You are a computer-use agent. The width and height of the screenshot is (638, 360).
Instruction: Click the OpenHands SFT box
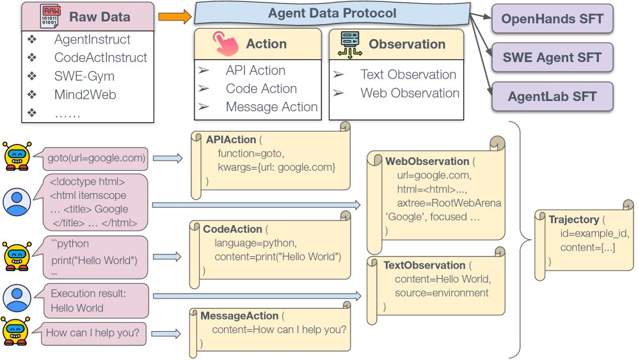coord(552,19)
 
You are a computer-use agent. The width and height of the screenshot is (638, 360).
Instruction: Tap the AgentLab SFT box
coord(552,97)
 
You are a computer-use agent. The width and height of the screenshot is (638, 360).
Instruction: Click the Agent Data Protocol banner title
coord(331,13)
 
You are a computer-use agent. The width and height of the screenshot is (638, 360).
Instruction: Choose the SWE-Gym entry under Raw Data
coord(84,76)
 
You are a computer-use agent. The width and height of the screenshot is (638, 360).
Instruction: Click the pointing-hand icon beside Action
coord(225,44)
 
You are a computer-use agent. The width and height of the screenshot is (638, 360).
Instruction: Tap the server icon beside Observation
coord(349,44)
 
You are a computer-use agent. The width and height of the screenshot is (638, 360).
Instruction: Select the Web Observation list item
coord(410,93)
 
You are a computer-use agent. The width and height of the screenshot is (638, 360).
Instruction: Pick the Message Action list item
coord(271,107)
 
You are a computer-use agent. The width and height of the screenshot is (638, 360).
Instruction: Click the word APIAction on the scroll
coord(230,139)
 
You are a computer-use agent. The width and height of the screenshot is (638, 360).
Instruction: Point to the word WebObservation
coord(426,161)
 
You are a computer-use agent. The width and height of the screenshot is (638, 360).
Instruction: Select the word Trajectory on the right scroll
coord(573,219)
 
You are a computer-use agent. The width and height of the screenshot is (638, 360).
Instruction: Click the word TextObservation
coord(424,265)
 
